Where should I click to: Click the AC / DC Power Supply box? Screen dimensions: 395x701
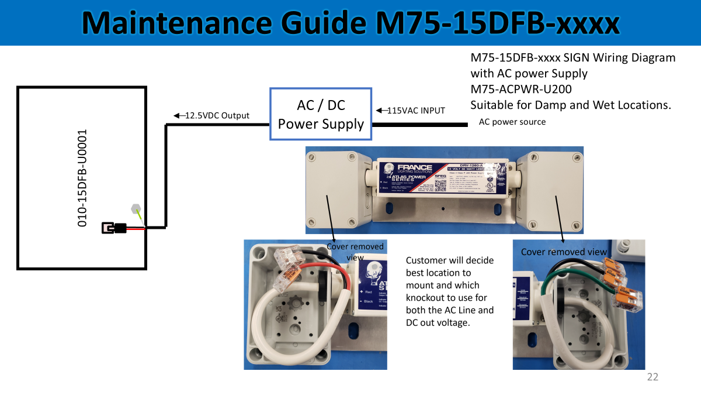(321, 114)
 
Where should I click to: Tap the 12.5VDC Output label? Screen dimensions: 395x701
(217, 116)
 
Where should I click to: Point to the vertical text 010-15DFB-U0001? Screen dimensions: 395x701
(83, 178)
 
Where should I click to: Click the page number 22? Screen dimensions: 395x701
(653, 377)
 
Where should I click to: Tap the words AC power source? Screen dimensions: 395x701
(512, 122)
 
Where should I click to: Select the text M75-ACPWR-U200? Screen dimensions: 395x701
(521, 90)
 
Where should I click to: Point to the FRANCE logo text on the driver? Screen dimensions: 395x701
(415, 168)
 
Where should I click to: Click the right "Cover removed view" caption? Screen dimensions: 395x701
(564, 252)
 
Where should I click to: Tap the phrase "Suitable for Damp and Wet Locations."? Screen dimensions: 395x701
(571, 105)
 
